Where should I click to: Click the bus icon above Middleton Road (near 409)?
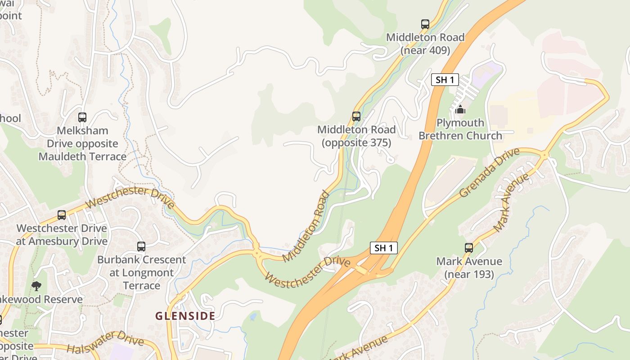click(425, 24)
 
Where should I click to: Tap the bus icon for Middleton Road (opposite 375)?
click(356, 117)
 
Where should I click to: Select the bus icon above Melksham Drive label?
click(82, 117)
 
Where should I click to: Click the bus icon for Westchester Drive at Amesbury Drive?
click(62, 215)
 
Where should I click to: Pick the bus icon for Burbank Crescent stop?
click(141, 247)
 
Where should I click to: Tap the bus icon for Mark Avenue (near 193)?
click(469, 247)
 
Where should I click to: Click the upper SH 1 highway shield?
click(445, 80)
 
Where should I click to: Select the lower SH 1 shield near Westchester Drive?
click(383, 247)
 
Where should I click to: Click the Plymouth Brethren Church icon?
click(460, 109)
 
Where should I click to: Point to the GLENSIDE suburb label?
click(185, 316)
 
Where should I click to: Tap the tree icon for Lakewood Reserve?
click(36, 286)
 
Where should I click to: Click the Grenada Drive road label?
click(489, 172)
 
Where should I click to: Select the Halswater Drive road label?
click(105, 342)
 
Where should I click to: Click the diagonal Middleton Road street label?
click(306, 226)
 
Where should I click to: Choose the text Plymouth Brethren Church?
click(460, 129)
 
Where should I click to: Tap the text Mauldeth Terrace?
click(82, 157)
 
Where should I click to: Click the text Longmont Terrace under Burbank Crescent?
click(141, 279)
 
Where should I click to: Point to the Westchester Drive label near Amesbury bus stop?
click(130, 198)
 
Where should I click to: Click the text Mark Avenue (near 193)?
click(469, 268)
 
